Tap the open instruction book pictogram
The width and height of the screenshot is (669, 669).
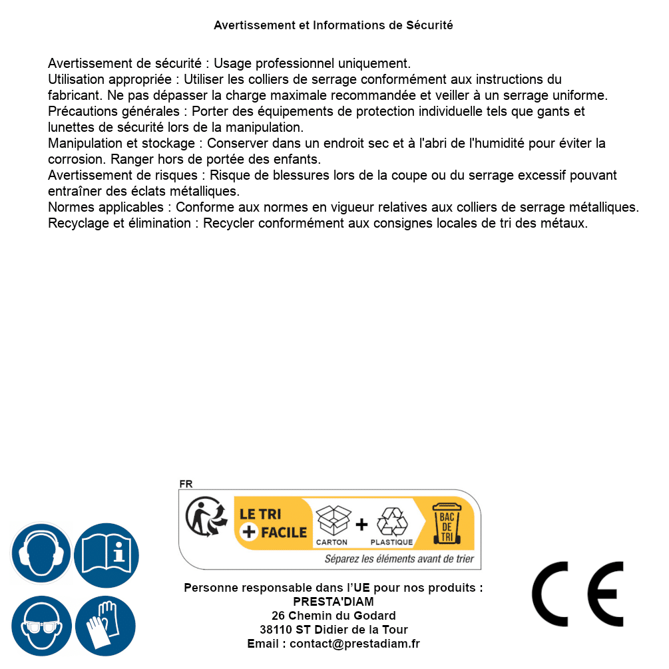(x=106, y=555)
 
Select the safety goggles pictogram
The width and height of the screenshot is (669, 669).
(x=41, y=626)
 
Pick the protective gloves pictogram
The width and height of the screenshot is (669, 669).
(x=106, y=626)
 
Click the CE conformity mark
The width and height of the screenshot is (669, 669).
(x=578, y=594)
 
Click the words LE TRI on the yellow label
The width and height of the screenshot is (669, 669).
(x=260, y=514)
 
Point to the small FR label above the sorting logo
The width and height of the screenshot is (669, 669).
(x=186, y=484)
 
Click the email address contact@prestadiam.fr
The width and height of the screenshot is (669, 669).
(x=355, y=644)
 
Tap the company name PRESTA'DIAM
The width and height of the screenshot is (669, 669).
(x=334, y=602)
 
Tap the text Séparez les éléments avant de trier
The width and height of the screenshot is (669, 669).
(x=399, y=559)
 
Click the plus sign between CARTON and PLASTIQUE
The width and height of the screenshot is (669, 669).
(x=361, y=525)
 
